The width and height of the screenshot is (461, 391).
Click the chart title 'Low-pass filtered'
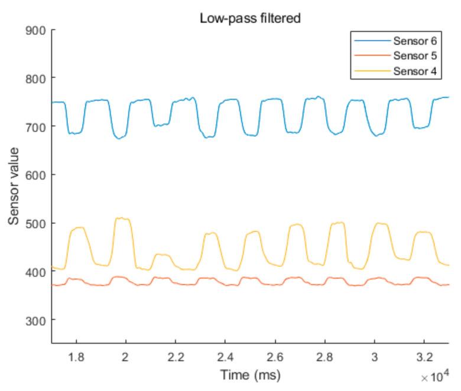250,18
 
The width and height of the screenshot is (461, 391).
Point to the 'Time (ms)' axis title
250,374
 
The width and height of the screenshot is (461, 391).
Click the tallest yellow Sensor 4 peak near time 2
122,219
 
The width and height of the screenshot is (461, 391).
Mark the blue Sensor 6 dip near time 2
120,138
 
